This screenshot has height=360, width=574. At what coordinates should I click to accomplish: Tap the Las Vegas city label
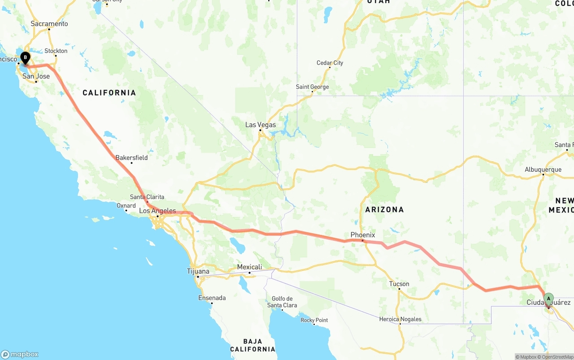tap(261, 125)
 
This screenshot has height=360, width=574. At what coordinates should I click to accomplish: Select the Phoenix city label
tap(363, 235)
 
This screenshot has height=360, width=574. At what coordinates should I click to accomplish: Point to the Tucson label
tap(399, 284)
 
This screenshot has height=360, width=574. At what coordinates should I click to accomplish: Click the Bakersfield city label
tap(131, 158)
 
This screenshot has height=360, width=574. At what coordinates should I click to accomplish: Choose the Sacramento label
tap(49, 24)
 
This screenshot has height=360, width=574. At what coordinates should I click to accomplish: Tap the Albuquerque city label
tap(543, 169)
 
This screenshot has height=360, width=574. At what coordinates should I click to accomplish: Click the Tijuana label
tap(198, 271)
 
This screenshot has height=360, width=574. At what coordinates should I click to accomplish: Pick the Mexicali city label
tap(249, 267)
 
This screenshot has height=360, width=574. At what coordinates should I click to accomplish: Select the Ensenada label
tap(212, 298)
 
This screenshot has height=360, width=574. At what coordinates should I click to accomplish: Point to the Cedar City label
tap(330, 63)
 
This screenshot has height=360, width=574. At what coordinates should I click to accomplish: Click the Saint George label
tap(313, 87)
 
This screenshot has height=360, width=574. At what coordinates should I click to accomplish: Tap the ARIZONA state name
tap(384, 209)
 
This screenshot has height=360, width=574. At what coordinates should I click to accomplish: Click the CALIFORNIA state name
tap(109, 93)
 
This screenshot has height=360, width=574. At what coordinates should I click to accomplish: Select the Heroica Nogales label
tap(400, 319)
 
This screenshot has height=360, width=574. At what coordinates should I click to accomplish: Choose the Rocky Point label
tap(314, 320)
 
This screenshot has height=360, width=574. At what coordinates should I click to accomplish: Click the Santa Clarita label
tap(147, 197)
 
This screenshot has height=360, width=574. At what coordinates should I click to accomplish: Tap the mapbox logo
tap(20, 354)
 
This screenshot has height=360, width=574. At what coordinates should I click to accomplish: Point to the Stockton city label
tap(56, 51)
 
